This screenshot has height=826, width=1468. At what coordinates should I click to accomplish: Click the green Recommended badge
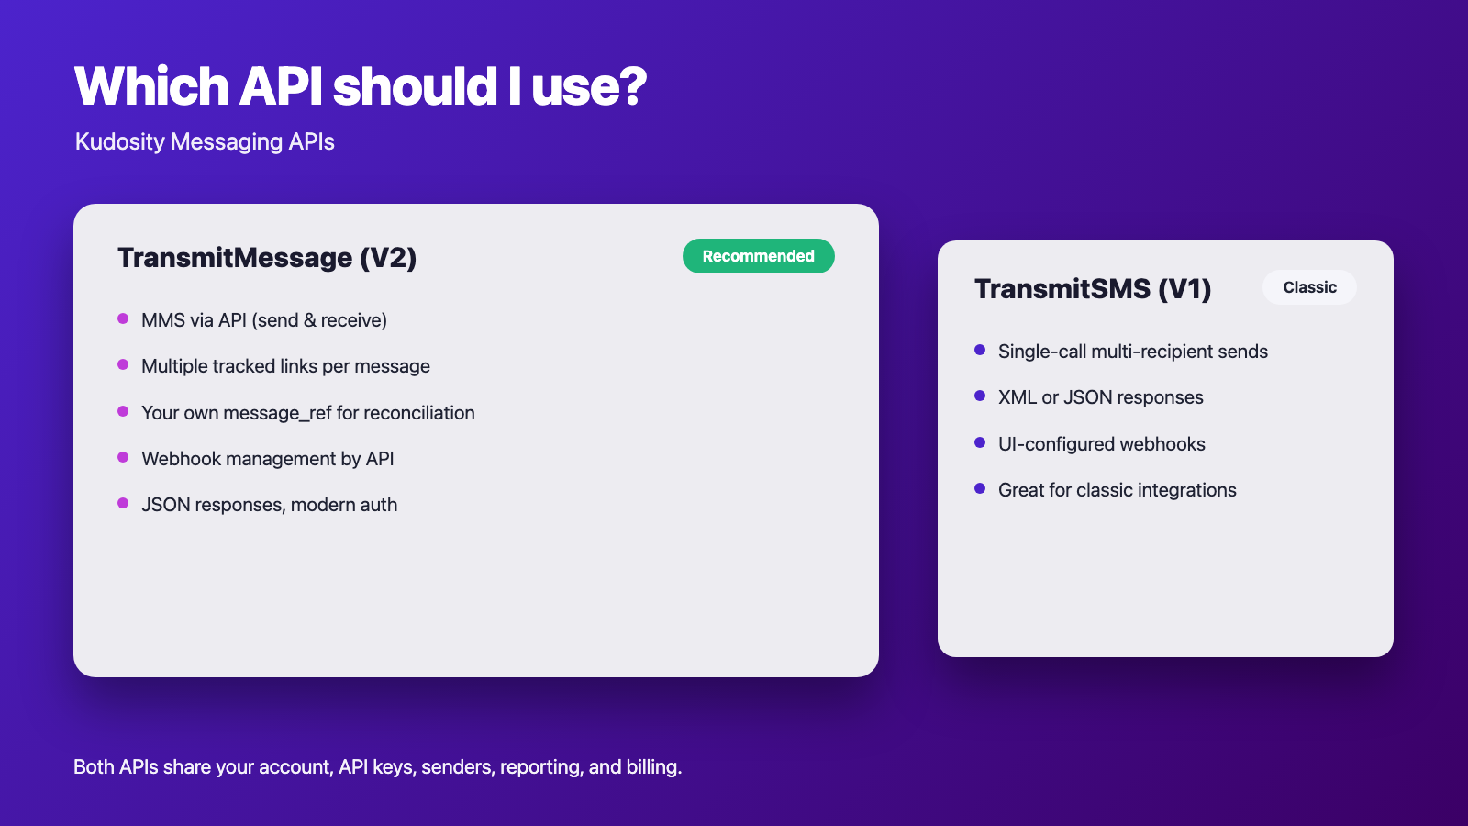click(758, 256)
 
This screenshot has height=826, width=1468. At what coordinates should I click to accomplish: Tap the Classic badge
click(1309, 287)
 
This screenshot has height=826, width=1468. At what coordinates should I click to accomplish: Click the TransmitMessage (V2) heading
click(267, 258)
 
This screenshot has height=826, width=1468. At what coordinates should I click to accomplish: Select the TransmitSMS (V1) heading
click(1093, 288)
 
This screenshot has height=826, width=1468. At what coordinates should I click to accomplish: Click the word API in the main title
click(281, 86)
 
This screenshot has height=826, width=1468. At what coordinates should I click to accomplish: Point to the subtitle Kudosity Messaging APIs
click(205, 141)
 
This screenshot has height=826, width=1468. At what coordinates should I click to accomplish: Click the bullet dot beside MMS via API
click(123, 318)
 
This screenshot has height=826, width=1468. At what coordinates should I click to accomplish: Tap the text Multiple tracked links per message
click(285, 366)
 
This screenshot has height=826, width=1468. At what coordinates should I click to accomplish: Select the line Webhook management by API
click(267, 458)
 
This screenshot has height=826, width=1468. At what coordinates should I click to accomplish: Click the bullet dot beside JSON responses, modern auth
click(123, 503)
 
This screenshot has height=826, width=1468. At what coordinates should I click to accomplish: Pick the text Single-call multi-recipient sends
click(1133, 352)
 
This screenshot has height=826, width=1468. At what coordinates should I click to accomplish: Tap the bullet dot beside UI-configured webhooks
click(980, 442)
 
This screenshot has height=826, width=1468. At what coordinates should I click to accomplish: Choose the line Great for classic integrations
click(1118, 490)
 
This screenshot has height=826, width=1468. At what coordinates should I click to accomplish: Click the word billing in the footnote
click(654, 767)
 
